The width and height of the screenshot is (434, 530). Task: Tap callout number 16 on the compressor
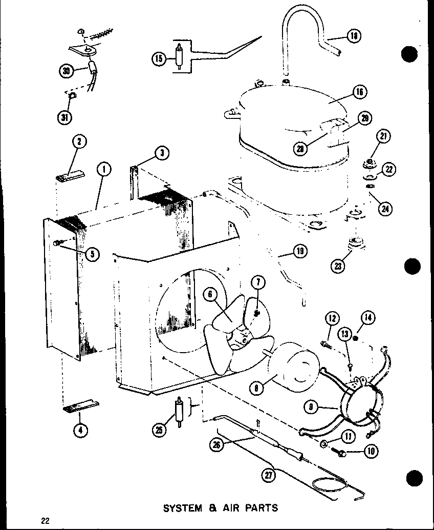coord(360,92)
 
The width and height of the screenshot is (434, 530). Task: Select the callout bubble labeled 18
coord(354,36)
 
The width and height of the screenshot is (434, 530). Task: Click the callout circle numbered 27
coord(268,475)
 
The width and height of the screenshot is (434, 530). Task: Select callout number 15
coord(159,59)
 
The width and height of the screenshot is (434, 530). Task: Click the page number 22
coord(45,521)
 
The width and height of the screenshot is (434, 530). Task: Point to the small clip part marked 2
coord(69,178)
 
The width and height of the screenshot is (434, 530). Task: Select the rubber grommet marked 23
coord(354,243)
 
